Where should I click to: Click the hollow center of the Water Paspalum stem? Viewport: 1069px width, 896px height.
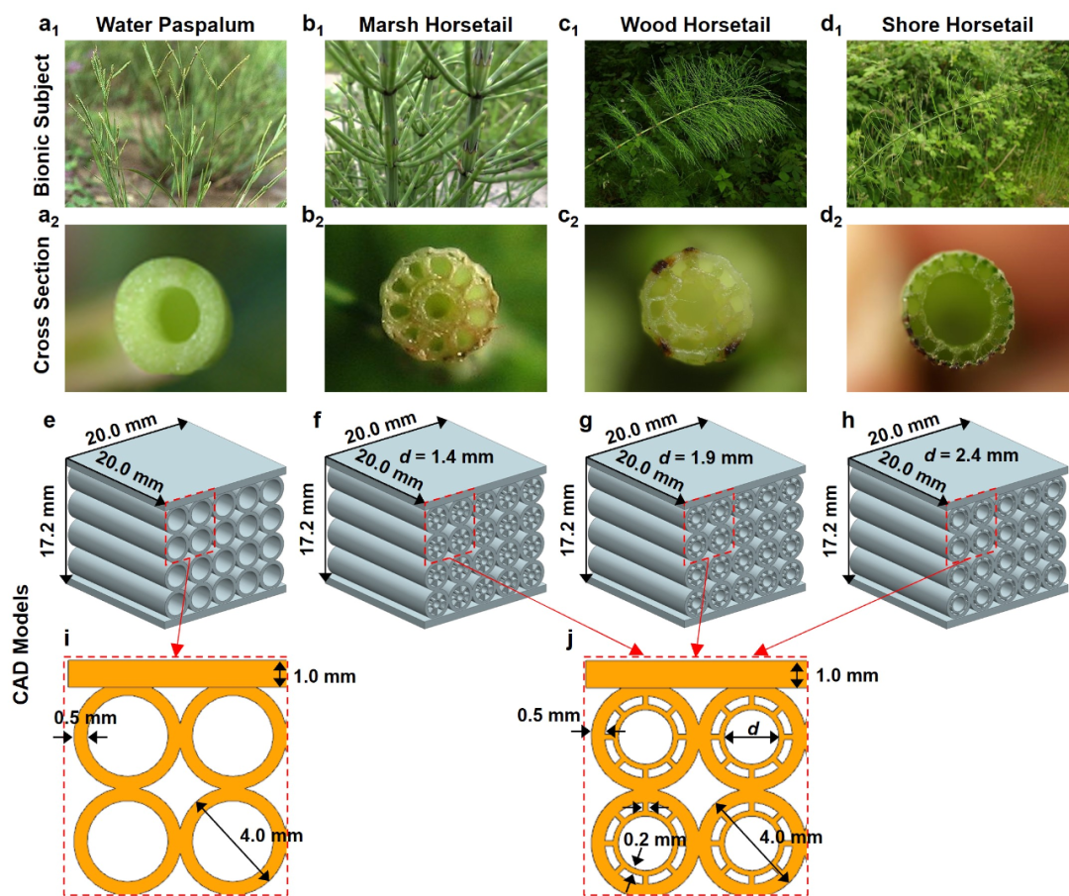tap(180, 310)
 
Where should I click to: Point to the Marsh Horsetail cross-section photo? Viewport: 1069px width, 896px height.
tap(436, 308)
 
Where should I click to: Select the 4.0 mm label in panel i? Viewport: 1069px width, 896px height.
tap(269, 835)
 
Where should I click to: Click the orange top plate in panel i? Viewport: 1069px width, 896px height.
tap(168, 674)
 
